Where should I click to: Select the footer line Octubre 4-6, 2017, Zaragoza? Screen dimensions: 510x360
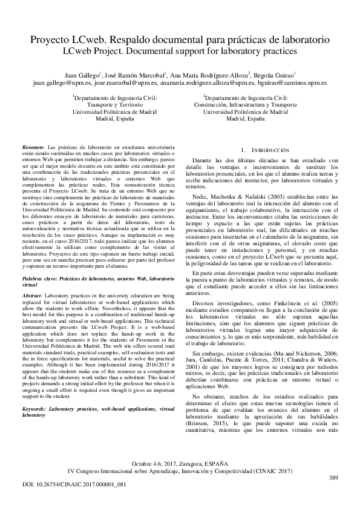(180, 462)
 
